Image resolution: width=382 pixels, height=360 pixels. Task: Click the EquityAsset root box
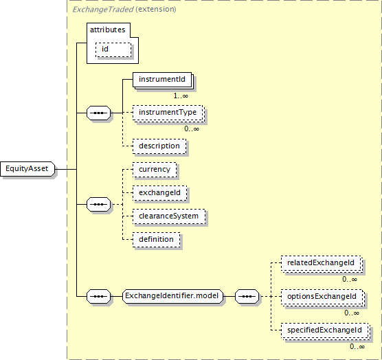(x=27, y=169)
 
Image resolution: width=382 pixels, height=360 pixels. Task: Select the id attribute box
(x=113, y=50)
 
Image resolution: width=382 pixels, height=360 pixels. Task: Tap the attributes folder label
(x=107, y=30)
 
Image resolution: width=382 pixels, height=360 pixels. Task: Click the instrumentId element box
(x=162, y=80)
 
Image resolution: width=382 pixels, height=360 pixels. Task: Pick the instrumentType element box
(x=168, y=113)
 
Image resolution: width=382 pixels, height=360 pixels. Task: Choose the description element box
(x=159, y=146)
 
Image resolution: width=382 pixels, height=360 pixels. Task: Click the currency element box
(x=155, y=170)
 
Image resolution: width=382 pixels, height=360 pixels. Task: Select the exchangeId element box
(x=160, y=193)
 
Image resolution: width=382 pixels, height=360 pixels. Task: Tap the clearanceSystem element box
(x=169, y=216)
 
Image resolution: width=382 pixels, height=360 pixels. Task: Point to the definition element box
(x=157, y=240)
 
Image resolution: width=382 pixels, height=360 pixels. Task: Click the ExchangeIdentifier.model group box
(x=172, y=296)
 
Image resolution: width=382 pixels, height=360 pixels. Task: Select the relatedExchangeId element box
(x=321, y=263)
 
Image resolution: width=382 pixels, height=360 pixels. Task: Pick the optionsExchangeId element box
(x=322, y=297)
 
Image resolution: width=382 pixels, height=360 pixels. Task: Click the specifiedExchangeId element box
(x=325, y=330)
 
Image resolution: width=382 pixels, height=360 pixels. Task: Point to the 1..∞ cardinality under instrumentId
(x=181, y=96)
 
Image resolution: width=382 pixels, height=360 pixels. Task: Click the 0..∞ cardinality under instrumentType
(x=192, y=129)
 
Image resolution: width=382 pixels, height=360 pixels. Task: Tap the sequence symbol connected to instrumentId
(x=99, y=113)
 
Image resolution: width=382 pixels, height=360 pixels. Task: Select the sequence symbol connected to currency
(x=99, y=204)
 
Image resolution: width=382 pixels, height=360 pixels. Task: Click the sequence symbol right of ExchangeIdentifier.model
(x=247, y=296)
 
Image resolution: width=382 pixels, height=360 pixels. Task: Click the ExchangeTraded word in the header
(x=103, y=10)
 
